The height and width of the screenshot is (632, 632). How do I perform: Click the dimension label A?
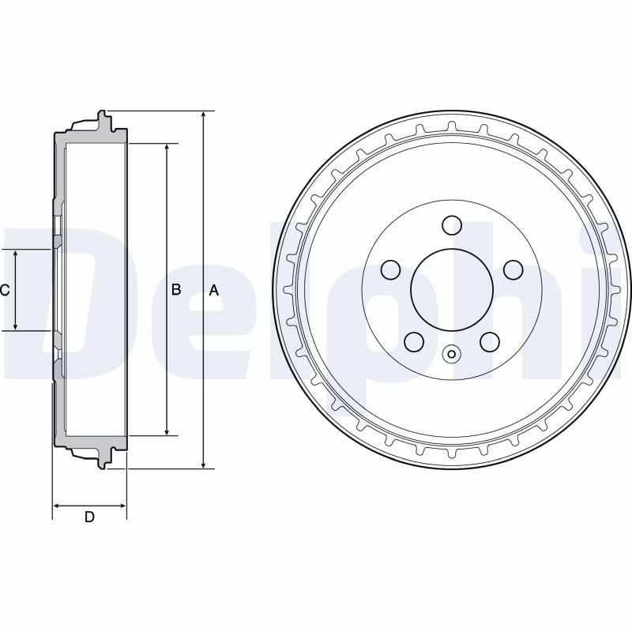tap(213, 290)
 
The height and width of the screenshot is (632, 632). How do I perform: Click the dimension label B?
tap(176, 289)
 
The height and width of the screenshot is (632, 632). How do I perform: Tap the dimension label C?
tap(5, 290)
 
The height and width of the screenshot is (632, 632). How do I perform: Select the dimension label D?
tap(89, 517)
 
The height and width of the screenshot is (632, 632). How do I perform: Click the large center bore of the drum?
tap(451, 290)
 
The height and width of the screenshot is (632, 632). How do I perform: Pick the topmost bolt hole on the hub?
tap(451, 225)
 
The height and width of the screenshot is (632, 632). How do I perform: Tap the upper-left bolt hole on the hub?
tap(390, 269)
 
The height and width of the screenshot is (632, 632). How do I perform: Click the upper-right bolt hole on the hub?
tap(513, 269)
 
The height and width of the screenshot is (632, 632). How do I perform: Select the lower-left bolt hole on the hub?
tap(413, 342)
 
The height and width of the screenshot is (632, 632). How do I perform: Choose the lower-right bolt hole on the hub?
tap(490, 342)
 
